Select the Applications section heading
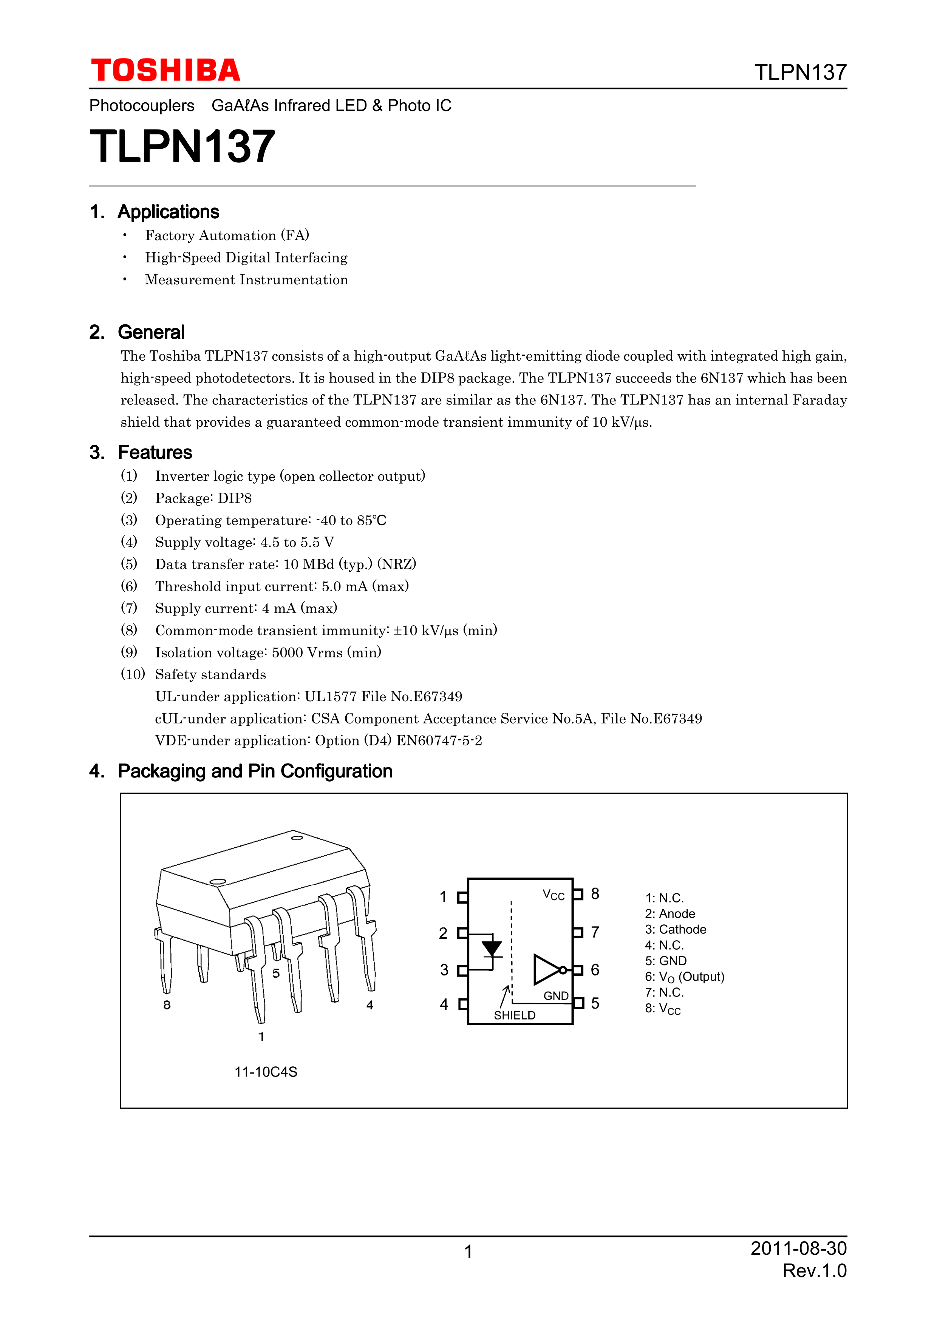pyautogui.click(x=168, y=212)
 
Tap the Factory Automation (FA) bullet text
pyautogui.click(x=227, y=236)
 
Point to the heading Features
pyautogui.click(x=155, y=452)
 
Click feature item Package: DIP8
pyautogui.click(x=203, y=498)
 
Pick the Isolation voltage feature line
pyautogui.click(x=268, y=653)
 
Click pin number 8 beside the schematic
pyautogui.click(x=595, y=894)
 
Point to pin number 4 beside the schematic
pyautogui.click(x=444, y=1004)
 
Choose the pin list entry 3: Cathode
pyautogui.click(x=676, y=930)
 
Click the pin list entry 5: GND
pyautogui.click(x=666, y=961)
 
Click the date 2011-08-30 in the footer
pyautogui.click(x=798, y=1249)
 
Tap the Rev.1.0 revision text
pyautogui.click(x=814, y=1271)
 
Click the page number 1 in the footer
pyautogui.click(x=468, y=1252)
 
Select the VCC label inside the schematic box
pyautogui.click(x=553, y=895)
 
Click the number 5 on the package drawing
pyautogui.click(x=276, y=973)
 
